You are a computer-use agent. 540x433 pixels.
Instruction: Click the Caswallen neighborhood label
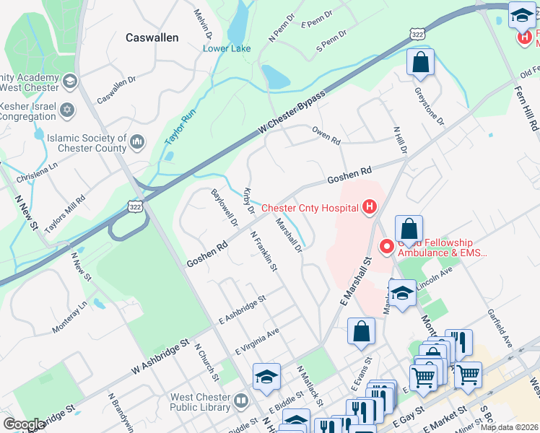coord(152,38)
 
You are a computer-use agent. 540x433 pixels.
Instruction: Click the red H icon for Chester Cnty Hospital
coord(370,209)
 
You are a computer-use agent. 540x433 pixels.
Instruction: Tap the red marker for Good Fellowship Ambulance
coord(386,248)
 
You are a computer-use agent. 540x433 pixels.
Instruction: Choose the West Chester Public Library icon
coord(241,401)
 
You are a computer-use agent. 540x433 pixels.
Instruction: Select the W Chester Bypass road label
coord(292,114)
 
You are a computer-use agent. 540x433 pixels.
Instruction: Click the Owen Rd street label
coord(326,136)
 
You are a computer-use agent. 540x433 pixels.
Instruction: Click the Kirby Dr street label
coord(249,201)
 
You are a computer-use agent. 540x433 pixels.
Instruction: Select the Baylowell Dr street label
coord(224,209)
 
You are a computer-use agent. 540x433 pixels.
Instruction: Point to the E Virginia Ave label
coord(257,341)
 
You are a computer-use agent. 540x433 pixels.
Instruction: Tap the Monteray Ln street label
coord(69,318)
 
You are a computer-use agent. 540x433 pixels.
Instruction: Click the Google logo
coord(23,424)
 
